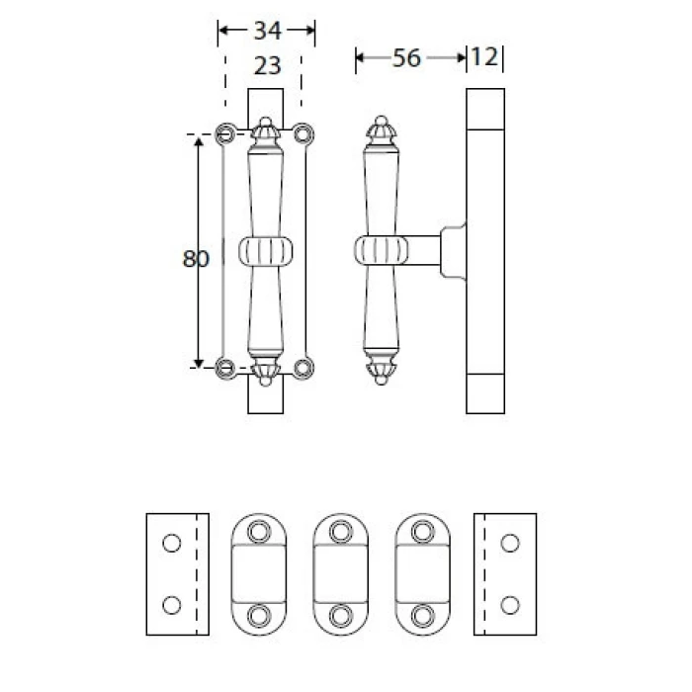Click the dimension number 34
[268, 31]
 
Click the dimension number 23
[268, 66]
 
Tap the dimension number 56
[406, 58]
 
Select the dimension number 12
[484, 57]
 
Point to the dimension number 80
[196, 259]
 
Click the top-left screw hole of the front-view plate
[225, 133]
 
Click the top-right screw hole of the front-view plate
[303, 133]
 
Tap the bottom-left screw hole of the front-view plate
[225, 368]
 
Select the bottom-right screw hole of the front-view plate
[303, 368]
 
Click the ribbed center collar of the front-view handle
[266, 251]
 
